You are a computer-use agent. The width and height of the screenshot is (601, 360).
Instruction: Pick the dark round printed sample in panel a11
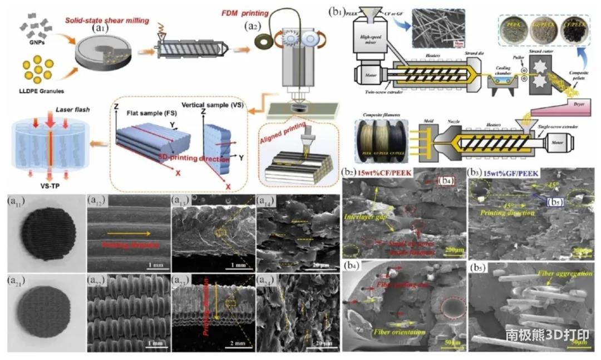point(42,228)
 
